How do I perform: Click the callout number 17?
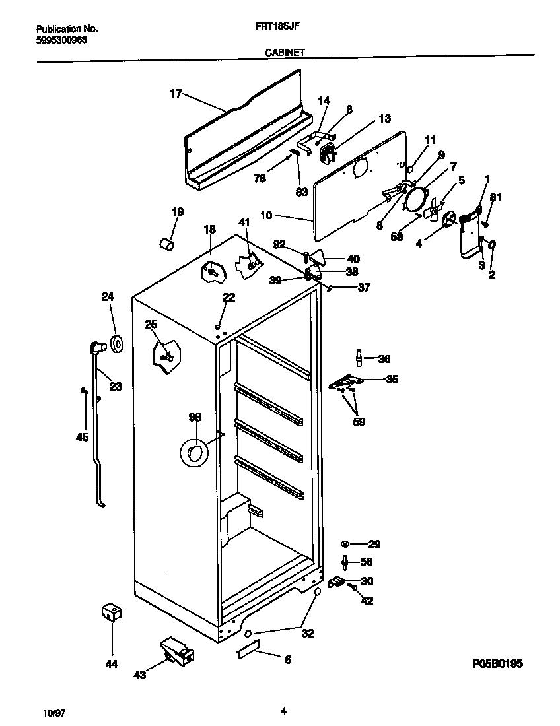click(x=175, y=94)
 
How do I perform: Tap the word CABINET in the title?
click(x=285, y=53)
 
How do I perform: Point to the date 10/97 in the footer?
click(x=55, y=713)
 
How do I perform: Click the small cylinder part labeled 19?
click(x=166, y=245)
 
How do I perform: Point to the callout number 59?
click(x=359, y=421)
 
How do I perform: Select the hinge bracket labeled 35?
click(x=346, y=382)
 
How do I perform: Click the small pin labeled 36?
click(x=359, y=358)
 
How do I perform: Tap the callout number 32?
click(x=307, y=633)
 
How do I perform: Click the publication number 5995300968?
click(x=61, y=40)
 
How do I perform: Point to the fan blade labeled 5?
click(x=432, y=210)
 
